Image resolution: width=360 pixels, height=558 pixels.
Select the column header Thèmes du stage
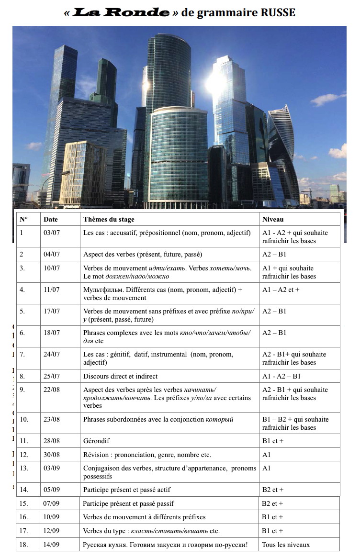pos(109,219)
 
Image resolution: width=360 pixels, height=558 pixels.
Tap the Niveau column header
pos(273,219)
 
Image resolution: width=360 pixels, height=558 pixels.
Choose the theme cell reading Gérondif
pos(98,441)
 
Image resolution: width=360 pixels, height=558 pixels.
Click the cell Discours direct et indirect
pos(120,376)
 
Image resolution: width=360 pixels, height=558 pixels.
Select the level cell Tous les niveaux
pos(285,545)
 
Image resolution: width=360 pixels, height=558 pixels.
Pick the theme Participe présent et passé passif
pos(128,503)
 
